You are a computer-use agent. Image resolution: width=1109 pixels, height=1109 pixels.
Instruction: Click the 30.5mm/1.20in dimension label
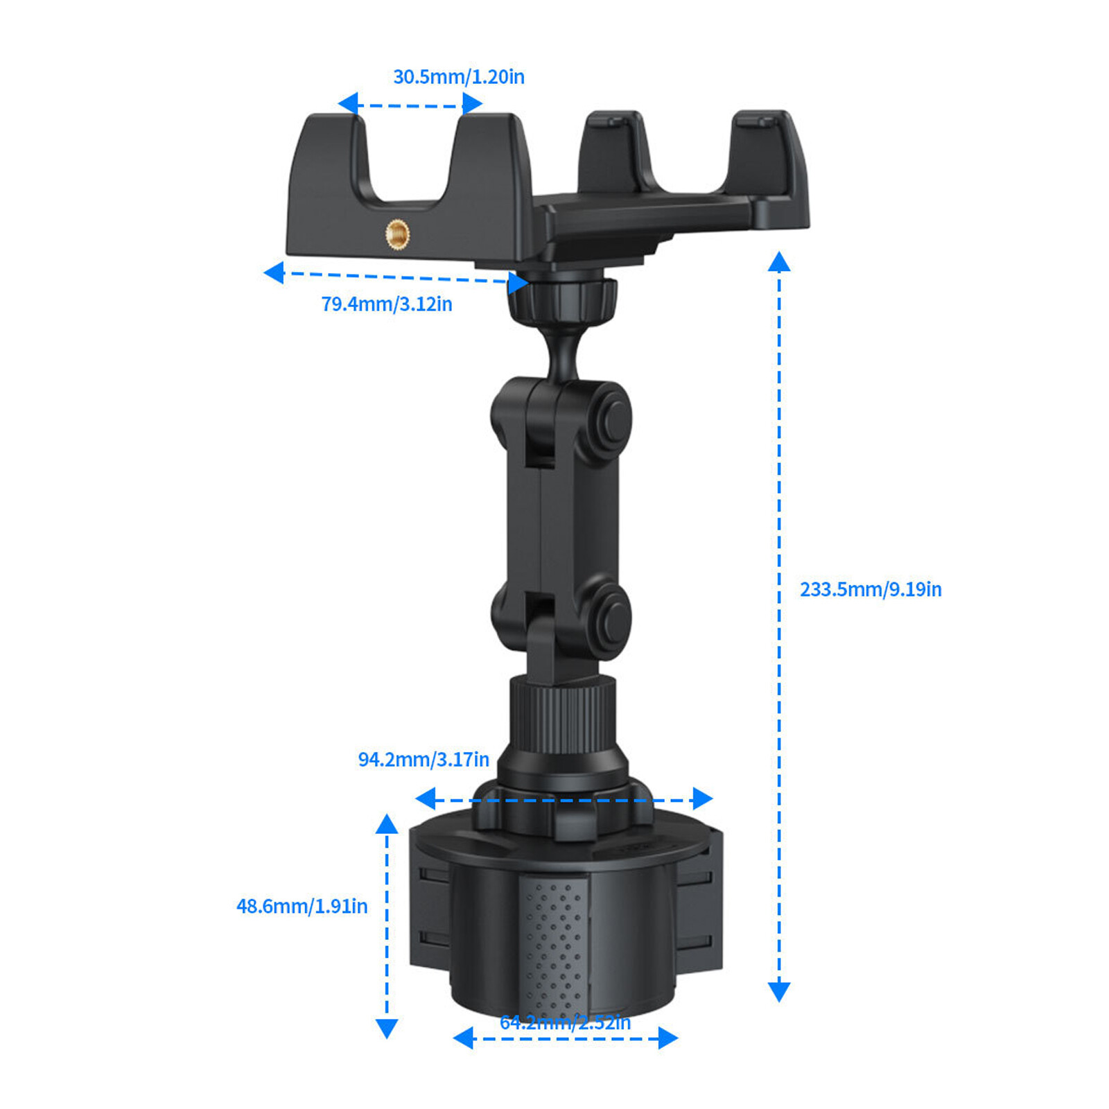[x=458, y=76]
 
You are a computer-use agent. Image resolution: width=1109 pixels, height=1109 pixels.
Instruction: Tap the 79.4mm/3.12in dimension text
[x=386, y=304]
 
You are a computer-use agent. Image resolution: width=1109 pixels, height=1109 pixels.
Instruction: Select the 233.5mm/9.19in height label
[x=870, y=589]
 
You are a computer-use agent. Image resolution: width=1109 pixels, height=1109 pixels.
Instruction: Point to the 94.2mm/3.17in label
[x=423, y=759]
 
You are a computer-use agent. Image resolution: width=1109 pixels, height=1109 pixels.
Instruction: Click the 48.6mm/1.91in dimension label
[x=302, y=906]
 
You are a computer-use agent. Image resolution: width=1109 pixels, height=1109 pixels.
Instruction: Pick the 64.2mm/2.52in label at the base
[x=565, y=1022]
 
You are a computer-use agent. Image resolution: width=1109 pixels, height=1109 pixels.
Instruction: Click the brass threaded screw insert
[x=397, y=235]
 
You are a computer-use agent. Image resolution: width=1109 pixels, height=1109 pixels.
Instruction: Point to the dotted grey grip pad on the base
[x=554, y=943]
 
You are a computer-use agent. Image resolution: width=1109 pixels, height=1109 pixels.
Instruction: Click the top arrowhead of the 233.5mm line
[x=779, y=261]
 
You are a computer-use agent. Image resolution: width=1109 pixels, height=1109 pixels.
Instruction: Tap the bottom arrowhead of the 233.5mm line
[x=779, y=992]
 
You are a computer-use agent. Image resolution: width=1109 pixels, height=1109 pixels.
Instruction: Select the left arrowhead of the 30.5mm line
[x=348, y=104]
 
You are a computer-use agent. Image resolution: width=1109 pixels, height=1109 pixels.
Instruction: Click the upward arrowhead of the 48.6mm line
[x=387, y=823]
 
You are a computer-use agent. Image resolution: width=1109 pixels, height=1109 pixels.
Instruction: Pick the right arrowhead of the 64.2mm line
[x=667, y=1038]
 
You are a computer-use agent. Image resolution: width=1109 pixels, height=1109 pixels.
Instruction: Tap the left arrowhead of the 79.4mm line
[x=274, y=272]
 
